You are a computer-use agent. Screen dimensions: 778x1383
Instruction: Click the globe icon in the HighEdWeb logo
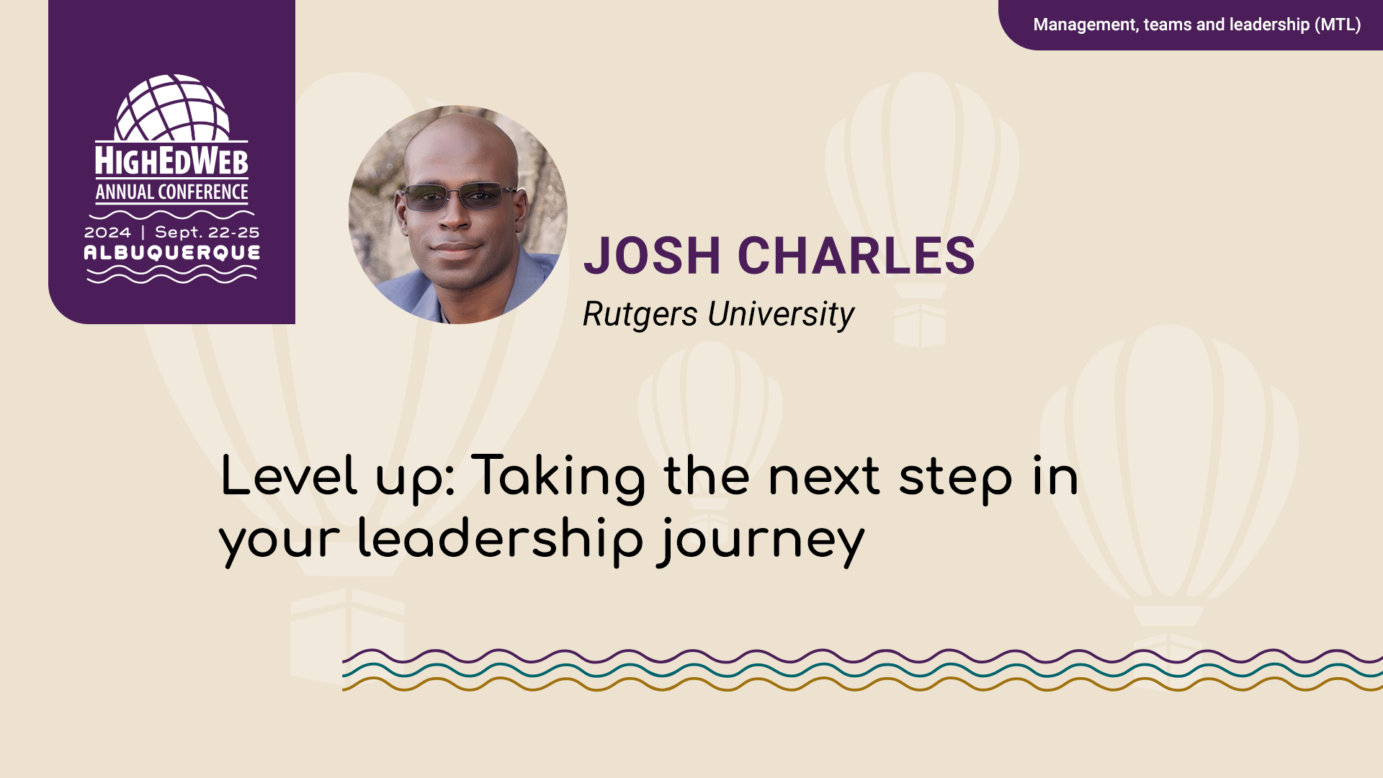click(172, 108)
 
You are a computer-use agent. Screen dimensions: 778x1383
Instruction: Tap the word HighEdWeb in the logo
click(171, 161)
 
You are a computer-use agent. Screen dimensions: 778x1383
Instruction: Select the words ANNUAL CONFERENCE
click(171, 192)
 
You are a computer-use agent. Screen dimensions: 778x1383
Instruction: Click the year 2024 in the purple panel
click(108, 233)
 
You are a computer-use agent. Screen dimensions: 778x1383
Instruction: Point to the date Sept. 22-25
click(207, 233)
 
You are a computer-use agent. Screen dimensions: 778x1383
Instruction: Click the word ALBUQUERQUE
click(172, 253)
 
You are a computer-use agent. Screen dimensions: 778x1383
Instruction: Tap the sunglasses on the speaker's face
click(459, 196)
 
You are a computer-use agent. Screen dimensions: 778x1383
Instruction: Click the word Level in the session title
click(288, 476)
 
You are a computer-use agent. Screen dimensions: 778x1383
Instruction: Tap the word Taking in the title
click(558, 478)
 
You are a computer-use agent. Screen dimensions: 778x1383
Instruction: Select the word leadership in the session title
click(500, 540)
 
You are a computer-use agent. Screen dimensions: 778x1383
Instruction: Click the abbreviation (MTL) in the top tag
click(1338, 24)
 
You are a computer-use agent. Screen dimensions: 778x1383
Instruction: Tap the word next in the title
click(823, 477)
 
